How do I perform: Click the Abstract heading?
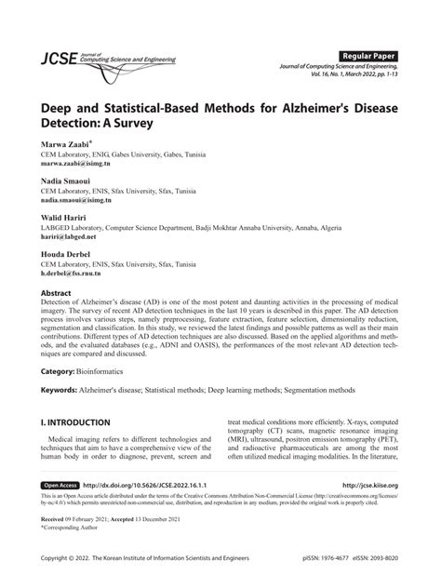pyautogui.click(x=56, y=292)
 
